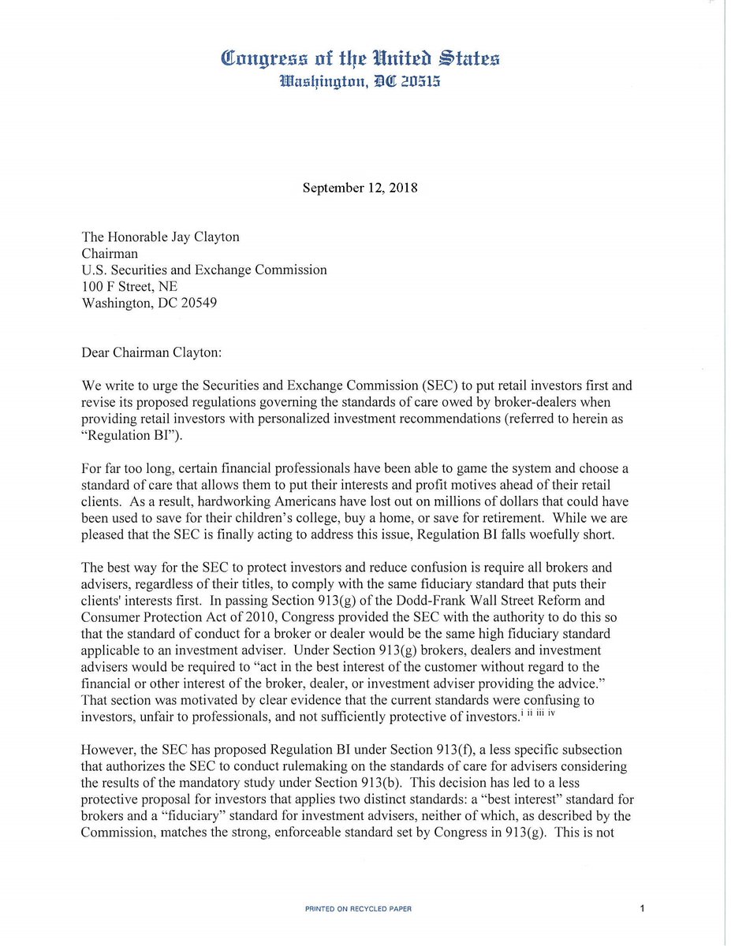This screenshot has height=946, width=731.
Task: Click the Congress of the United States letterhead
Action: click(360, 58)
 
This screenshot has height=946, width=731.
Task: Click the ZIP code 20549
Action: click(195, 304)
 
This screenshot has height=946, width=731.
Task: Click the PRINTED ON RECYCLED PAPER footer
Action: click(358, 909)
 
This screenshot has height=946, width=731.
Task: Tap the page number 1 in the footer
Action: click(643, 909)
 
